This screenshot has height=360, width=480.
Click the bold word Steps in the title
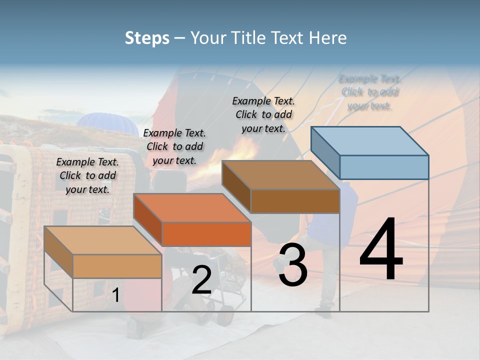147,38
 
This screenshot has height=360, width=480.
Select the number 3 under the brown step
293,265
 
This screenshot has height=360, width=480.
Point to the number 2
201,280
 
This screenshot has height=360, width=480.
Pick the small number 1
115,295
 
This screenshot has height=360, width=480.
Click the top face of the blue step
369,140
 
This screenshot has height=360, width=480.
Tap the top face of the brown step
280,175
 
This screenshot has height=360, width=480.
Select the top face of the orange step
192,207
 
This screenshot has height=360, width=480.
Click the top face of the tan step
103,240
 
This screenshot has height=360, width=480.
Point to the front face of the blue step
384,167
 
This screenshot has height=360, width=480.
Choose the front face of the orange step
206,234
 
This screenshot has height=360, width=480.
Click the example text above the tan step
87,175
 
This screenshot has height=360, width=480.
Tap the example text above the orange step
174,146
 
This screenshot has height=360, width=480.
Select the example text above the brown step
263,114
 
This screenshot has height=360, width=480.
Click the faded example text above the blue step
369,92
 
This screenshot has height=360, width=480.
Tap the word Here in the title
328,38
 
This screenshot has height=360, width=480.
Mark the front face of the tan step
117,266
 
